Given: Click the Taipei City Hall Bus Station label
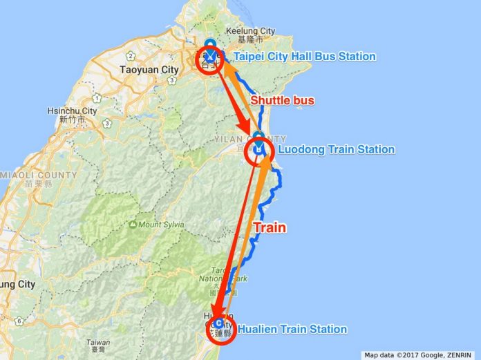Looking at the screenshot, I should click(304, 56).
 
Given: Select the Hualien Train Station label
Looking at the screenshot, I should click(292, 330).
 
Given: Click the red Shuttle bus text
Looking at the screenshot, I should click(282, 101).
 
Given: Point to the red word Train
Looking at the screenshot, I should click(270, 227).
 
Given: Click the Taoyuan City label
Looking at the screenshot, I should click(149, 70).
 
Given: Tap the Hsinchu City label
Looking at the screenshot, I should click(72, 111).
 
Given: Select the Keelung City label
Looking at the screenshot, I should click(250, 31).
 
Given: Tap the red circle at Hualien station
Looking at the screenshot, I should click(219, 326).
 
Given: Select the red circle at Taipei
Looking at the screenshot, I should click(210, 60).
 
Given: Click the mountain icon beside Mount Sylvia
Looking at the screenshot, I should click(131, 225).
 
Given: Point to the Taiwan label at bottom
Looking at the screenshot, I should click(98, 342).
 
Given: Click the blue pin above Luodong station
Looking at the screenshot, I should click(258, 136).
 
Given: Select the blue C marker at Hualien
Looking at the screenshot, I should click(218, 323).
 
